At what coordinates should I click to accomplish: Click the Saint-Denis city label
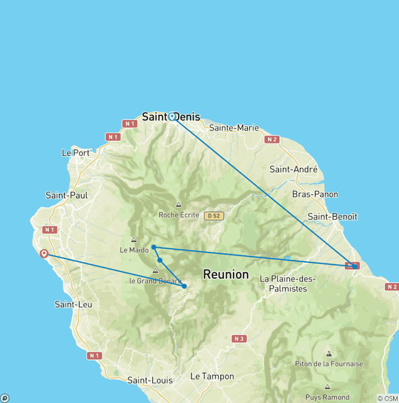click(x=171, y=117)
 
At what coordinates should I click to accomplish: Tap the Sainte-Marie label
click(x=234, y=128)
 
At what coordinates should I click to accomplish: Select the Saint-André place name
click(x=294, y=169)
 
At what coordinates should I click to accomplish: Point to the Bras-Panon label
click(x=315, y=194)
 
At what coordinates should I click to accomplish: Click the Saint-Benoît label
click(x=332, y=217)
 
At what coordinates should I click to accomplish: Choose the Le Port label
click(x=76, y=153)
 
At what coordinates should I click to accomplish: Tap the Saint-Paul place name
click(x=66, y=195)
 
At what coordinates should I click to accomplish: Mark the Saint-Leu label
click(x=73, y=304)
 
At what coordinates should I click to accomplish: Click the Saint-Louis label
click(x=150, y=380)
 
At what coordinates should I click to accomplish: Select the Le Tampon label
click(x=212, y=376)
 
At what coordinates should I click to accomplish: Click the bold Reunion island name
click(x=226, y=274)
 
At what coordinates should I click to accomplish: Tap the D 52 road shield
click(x=214, y=216)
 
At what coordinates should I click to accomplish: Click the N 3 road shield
click(x=239, y=339)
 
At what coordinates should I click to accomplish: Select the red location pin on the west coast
click(x=44, y=253)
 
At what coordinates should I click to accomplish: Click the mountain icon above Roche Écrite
click(x=179, y=205)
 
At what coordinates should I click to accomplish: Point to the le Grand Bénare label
click(x=155, y=281)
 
